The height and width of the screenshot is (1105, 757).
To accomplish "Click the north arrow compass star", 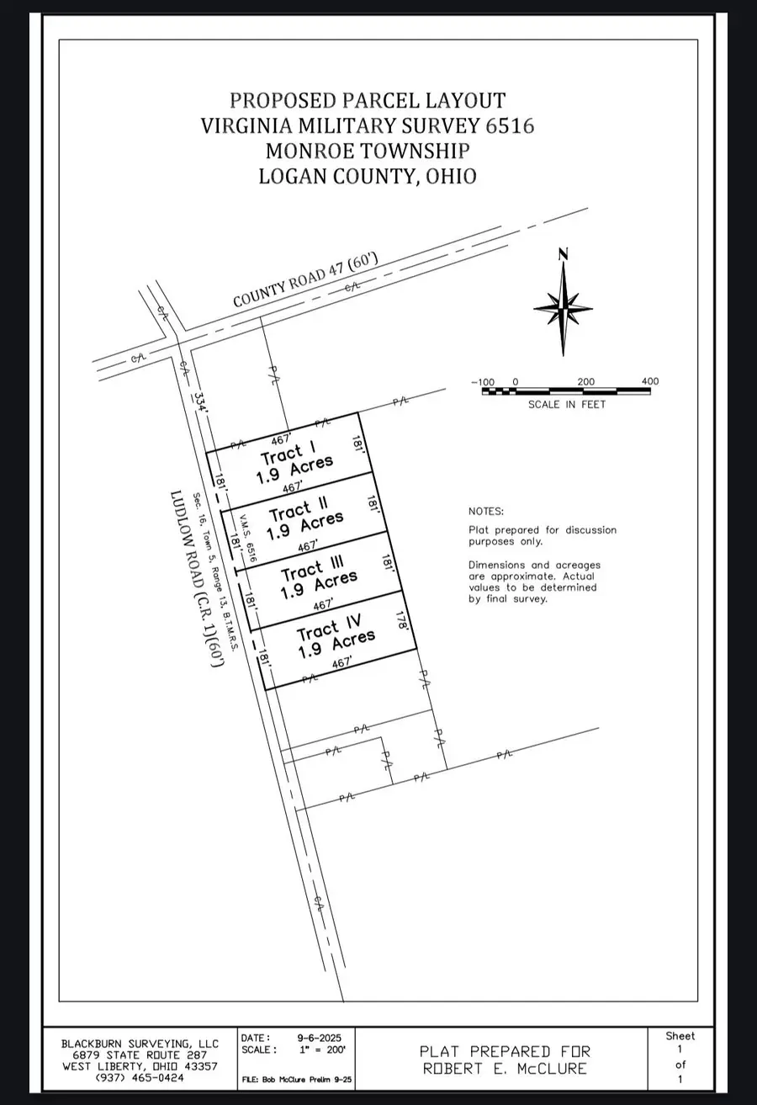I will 564,310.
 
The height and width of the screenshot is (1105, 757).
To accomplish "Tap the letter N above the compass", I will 564,254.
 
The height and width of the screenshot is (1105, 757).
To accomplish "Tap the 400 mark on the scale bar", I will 649,381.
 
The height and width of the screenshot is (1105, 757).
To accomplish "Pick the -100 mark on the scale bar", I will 483,382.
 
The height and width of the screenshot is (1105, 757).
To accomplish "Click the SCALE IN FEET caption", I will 566,404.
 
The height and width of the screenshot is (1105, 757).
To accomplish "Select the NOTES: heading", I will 486,511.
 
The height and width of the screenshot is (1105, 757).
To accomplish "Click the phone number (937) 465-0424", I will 139,1077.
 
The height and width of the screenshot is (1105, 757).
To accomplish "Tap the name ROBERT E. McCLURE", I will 505,1070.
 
